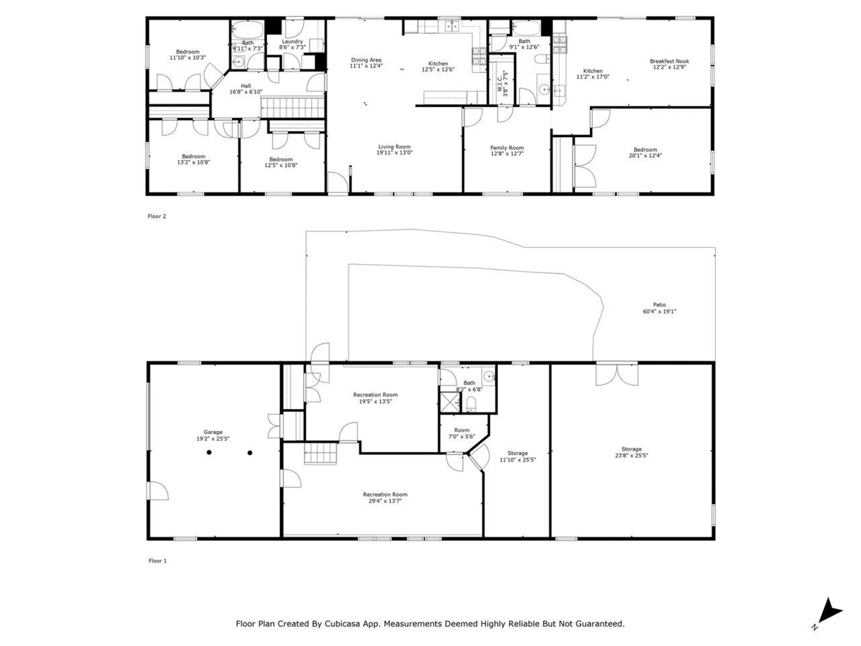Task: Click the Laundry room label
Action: pos(292,41)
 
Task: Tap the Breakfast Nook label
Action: pos(669,61)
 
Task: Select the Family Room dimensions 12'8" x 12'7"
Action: pos(507,154)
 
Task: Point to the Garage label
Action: pos(213,432)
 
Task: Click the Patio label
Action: pos(659,305)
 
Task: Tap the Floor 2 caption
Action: pos(157,216)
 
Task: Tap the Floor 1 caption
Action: pos(157,561)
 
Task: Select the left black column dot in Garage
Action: pos(209,452)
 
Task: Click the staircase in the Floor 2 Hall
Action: pos(292,108)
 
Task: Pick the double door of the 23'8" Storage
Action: pos(617,374)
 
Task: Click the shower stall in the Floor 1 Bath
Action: pos(450,402)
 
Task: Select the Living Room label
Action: pos(394,147)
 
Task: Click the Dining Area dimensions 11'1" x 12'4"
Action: pos(366,66)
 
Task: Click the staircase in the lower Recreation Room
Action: pos(321,453)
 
